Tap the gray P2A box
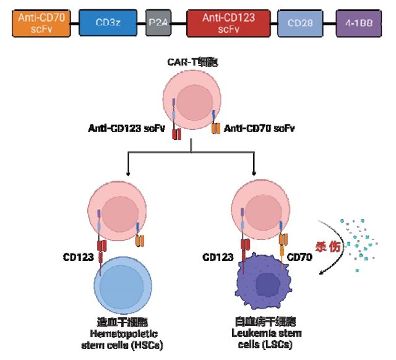pos(157,23)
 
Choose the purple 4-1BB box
pos(358,23)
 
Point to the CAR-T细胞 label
pos(193,62)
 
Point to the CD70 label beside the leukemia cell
pos(301,256)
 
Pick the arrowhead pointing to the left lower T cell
pos(127,173)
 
